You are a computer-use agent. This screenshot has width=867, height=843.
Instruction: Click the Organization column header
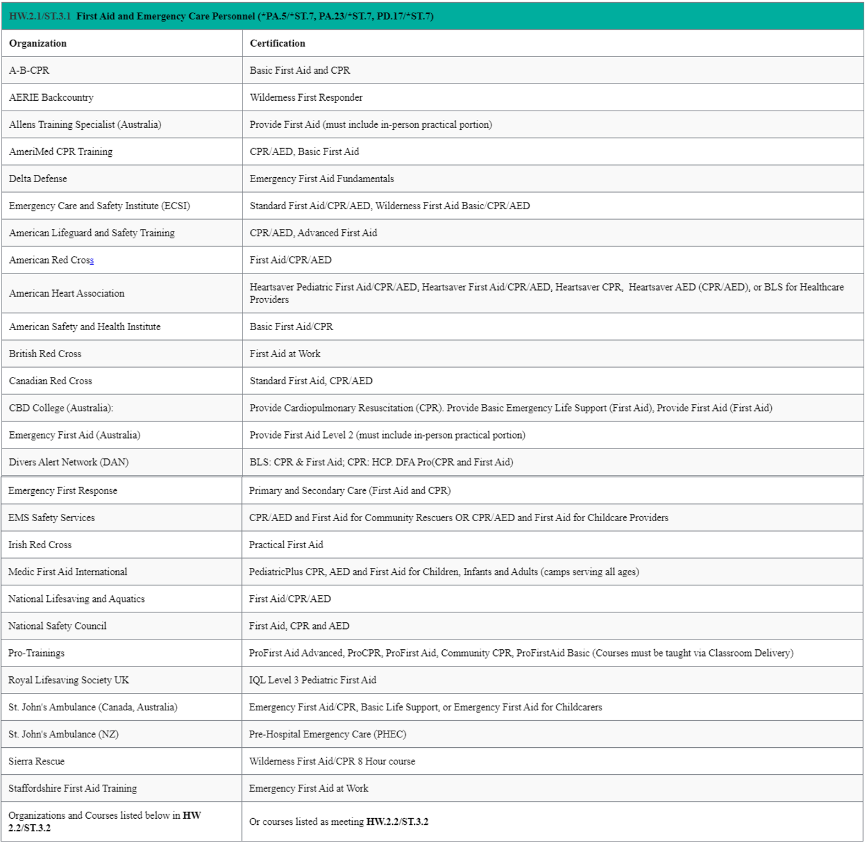[x=38, y=43]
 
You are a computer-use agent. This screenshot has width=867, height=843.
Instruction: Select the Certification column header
[x=277, y=43]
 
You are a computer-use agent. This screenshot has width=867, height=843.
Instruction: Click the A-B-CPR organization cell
[x=29, y=70]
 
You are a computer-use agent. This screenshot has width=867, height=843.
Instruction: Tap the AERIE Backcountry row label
[x=51, y=97]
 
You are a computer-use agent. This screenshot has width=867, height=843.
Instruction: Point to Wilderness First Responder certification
[x=306, y=97]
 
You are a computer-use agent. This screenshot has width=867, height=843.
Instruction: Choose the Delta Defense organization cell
[x=38, y=179]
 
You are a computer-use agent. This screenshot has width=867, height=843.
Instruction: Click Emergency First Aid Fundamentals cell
[x=322, y=179]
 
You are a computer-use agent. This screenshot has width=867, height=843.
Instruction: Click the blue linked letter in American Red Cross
[x=92, y=260]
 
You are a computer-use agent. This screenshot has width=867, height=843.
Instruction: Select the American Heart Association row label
[x=67, y=293]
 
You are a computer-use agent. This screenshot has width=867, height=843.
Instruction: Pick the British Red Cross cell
[x=45, y=354]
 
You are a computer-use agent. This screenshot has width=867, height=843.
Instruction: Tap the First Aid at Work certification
[x=285, y=354]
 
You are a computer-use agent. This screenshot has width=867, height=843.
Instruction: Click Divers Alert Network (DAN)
[x=69, y=462]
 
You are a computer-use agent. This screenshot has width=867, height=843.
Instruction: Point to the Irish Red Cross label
[x=40, y=545]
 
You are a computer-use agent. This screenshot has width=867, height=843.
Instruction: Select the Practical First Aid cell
[x=286, y=545]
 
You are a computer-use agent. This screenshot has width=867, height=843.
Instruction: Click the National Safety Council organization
[x=57, y=626]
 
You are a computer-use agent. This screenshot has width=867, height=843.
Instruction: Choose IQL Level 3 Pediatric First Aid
[x=312, y=680]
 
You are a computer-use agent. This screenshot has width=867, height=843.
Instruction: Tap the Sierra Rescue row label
[x=36, y=762]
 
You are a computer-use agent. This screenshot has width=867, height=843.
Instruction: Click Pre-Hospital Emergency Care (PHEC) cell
[x=327, y=735]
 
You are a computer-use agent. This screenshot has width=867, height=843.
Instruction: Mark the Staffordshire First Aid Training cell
[x=73, y=789]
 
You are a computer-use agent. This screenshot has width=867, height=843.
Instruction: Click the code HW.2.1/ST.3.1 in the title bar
[x=40, y=17]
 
